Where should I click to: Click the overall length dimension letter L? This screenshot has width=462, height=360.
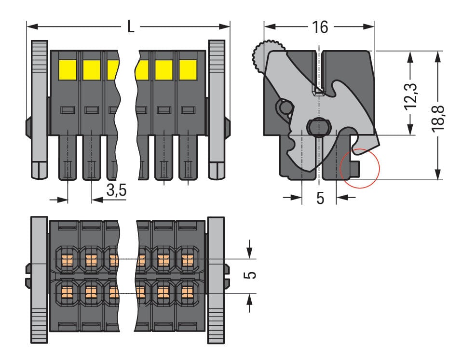click(131, 26)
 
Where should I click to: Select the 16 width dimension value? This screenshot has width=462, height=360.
click(319, 27)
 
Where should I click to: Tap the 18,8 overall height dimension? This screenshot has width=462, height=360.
click(437, 116)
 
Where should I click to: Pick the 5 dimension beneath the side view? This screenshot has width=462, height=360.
click(320, 198)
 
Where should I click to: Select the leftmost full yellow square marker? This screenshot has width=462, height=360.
click(68, 70)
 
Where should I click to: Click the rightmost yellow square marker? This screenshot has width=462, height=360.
click(188, 70)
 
